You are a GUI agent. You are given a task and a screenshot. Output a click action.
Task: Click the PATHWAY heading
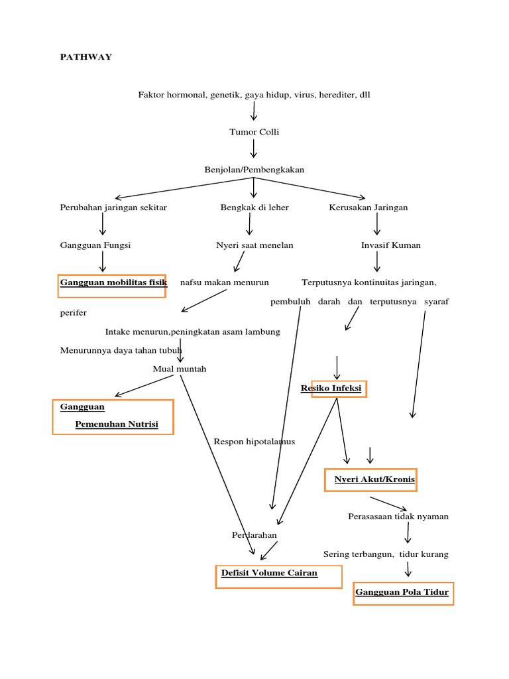click(86, 57)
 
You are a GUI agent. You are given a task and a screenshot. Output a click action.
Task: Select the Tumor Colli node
click(254, 132)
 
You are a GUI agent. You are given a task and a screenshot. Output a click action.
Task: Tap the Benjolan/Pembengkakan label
click(254, 170)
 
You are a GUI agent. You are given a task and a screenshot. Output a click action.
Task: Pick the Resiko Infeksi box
click(339, 389)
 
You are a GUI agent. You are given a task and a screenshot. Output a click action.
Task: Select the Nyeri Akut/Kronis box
click(370, 479)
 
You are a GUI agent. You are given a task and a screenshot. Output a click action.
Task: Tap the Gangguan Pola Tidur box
click(403, 592)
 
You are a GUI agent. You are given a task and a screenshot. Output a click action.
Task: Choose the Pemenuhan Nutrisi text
click(116, 424)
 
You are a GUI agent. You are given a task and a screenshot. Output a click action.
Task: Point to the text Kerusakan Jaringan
click(368, 208)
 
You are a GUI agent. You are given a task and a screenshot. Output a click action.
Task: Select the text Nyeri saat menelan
click(254, 245)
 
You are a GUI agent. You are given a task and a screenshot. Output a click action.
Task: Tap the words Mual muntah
click(180, 369)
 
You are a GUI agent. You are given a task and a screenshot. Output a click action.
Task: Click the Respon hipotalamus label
click(254, 441)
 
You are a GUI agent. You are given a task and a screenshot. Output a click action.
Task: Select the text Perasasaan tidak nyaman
click(398, 517)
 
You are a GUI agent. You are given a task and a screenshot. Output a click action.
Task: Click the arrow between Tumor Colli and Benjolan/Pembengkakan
click(254, 149)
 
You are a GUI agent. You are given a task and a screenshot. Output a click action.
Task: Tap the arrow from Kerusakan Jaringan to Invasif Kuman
click(377, 225)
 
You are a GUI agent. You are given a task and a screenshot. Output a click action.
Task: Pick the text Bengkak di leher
click(254, 208)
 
